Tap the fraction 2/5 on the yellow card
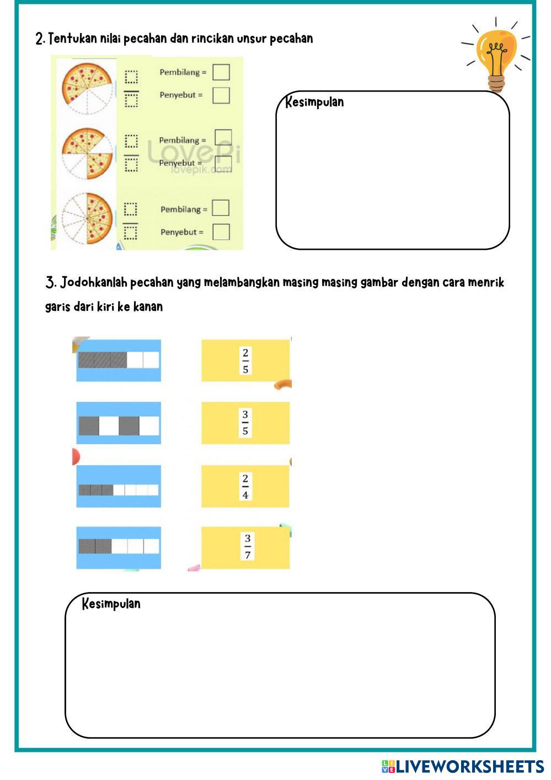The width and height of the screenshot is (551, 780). coord(245,361)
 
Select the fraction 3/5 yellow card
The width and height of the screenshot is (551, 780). coord(245,423)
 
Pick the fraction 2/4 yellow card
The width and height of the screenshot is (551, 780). coord(245,486)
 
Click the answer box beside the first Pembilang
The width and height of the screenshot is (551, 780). coord(221,72)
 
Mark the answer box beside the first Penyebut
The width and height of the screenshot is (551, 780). coord(221,95)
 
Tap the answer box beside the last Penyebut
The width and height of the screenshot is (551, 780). coord(221,232)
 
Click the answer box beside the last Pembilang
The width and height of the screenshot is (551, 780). coord(221,208)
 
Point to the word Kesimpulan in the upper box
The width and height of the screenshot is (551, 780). coord(314,103)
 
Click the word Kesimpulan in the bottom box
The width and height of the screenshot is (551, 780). coord(111,604)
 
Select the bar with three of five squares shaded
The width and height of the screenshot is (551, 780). coord(119,361)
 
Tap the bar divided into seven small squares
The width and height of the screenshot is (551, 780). coord(119,489)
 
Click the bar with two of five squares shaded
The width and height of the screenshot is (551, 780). coord(119,546)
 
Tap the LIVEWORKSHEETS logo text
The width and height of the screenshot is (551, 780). coord(469,766)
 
